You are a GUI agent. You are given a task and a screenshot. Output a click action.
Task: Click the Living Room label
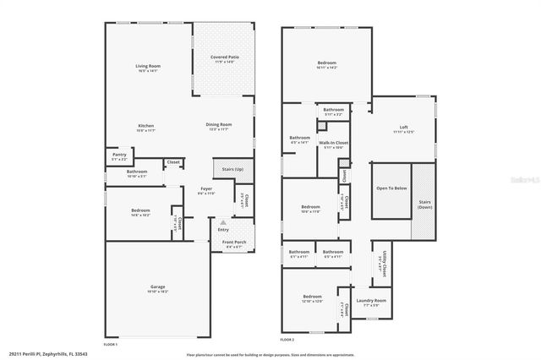[148, 66]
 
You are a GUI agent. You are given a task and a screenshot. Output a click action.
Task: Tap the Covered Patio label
[224, 57]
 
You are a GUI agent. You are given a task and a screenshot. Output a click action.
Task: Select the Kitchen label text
[146, 125]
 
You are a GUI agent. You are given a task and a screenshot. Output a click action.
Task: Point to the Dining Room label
[219, 125]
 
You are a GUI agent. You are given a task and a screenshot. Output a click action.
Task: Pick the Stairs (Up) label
[232, 170]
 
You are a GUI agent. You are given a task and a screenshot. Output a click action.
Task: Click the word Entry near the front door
[223, 230]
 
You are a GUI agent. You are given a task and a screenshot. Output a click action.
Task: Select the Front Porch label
[233, 243]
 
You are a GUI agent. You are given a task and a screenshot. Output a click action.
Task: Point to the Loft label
[403, 127]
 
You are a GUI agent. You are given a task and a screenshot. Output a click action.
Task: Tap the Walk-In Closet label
[333, 143]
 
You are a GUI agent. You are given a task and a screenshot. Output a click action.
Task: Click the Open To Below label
[391, 188]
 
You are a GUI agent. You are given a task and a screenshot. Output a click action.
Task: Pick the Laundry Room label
[370, 301]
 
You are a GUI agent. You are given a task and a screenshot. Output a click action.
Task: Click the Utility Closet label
[383, 264]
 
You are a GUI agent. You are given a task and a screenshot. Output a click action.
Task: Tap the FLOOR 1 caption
[110, 344]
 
